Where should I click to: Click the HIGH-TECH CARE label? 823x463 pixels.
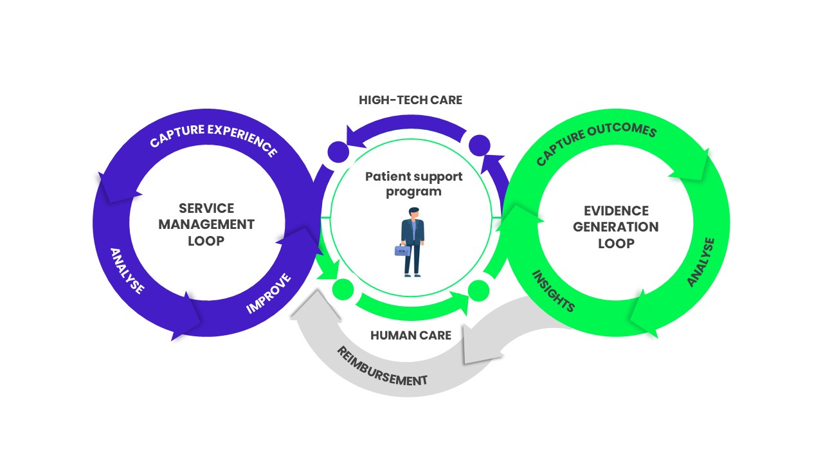click(410, 100)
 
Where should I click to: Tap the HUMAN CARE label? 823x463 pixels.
click(411, 335)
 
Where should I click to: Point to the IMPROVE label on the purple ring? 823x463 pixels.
click(269, 294)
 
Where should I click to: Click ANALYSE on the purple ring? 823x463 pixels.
click(127, 271)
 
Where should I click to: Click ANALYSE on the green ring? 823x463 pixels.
click(700, 262)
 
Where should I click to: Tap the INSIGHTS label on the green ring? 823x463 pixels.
click(552, 291)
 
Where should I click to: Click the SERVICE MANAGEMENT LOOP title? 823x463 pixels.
click(206, 224)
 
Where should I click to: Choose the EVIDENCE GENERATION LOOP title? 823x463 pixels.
click(616, 227)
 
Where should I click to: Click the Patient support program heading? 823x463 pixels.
click(414, 183)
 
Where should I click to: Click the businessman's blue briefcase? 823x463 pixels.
click(402, 250)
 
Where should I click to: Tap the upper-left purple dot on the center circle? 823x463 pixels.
click(338, 152)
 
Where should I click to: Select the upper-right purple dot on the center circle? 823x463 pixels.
click(479, 144)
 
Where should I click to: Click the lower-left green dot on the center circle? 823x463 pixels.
click(342, 290)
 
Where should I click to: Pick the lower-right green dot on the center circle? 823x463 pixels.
click(479, 291)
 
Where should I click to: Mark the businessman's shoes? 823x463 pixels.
click(412, 275)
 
